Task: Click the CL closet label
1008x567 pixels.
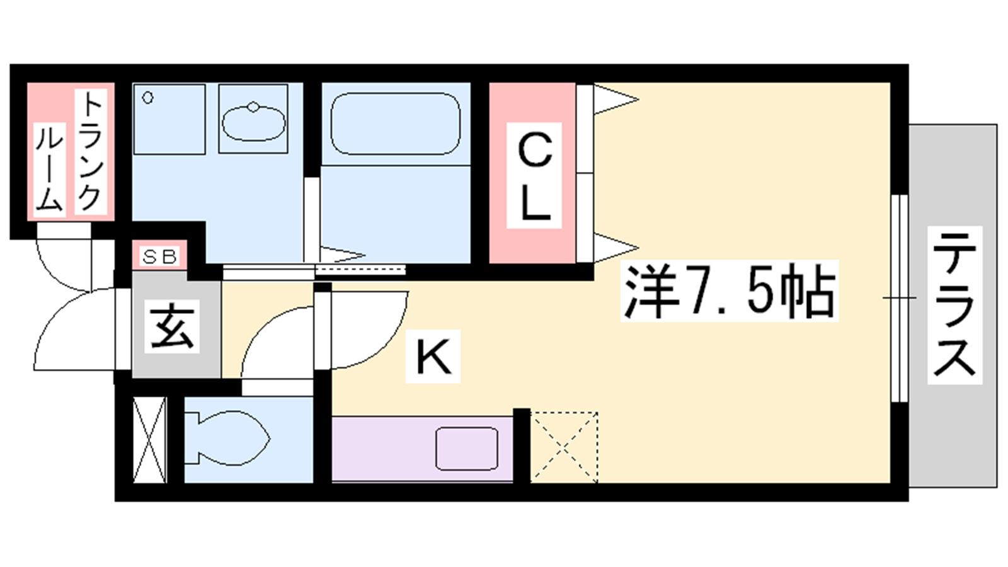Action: point(534,176)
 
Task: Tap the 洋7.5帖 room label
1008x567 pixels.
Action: point(729,290)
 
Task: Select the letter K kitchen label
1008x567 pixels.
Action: point(433,357)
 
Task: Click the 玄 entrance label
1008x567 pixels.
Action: point(172,326)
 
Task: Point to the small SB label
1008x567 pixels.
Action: point(159,256)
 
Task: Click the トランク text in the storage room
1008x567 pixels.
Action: point(91,151)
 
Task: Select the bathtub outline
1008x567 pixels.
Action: point(395,123)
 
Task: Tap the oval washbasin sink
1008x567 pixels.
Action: point(253,122)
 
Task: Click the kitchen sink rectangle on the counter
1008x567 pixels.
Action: point(466,449)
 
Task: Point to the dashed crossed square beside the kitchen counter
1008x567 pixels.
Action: point(564,447)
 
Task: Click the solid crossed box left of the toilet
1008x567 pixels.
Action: point(150,440)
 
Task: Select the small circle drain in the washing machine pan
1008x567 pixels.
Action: point(148,98)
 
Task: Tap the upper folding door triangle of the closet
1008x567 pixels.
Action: point(615,99)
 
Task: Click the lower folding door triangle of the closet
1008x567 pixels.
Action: point(615,247)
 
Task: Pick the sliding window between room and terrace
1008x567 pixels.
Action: point(900,298)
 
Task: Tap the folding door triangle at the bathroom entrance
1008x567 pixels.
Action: point(342,255)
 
